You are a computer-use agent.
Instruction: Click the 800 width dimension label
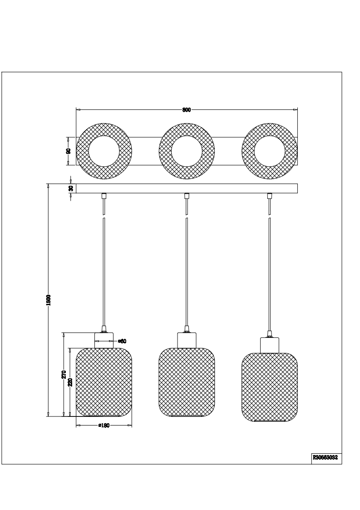[186, 110]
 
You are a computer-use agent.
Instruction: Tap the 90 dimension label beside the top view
[68, 151]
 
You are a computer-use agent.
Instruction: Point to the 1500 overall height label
[49, 300]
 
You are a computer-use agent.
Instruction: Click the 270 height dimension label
[64, 374]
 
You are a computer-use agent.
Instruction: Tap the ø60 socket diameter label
[122, 341]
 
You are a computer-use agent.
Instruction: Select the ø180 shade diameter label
[104, 426]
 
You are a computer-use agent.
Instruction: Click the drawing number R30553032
[325, 457]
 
